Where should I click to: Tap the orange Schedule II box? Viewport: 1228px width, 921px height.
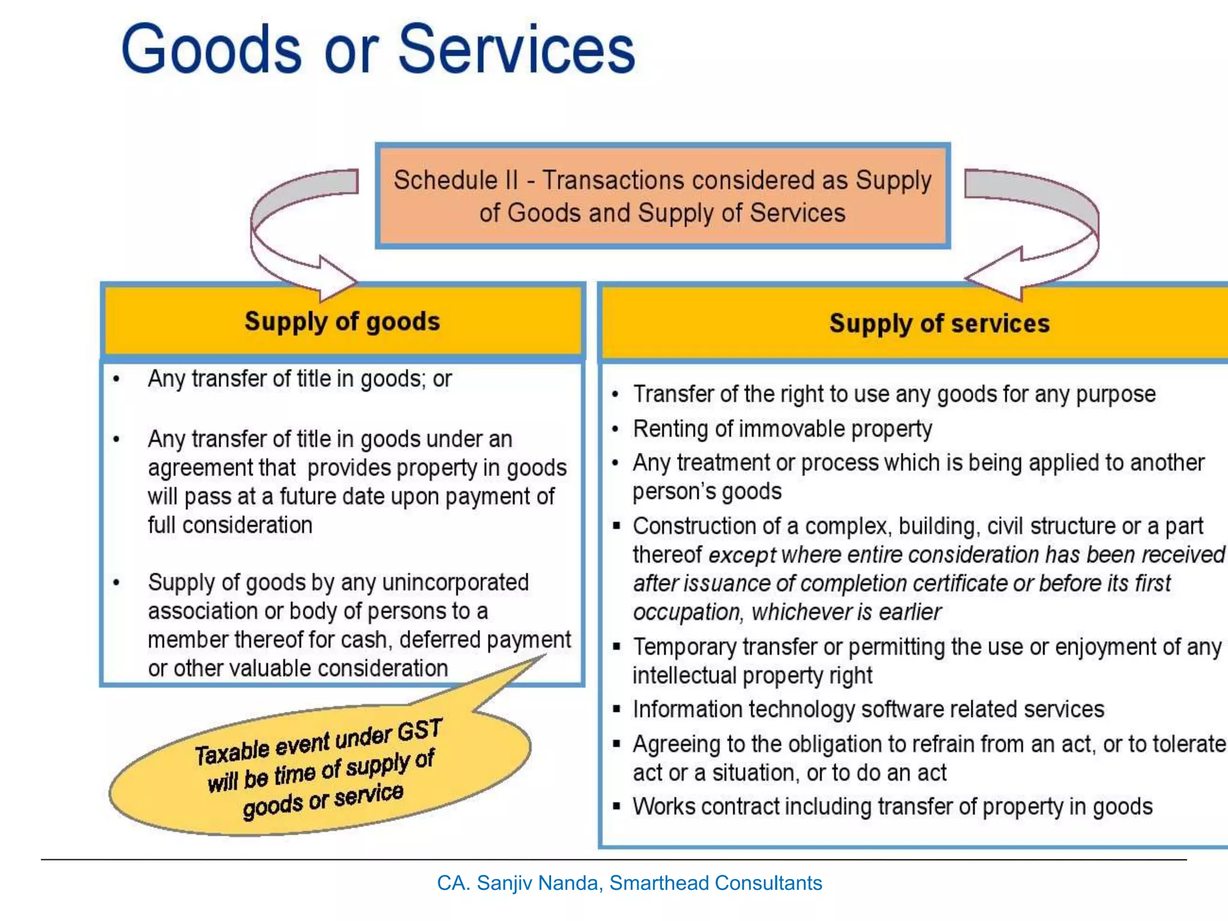[x=662, y=196]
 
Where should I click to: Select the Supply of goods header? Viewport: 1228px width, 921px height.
[x=342, y=321]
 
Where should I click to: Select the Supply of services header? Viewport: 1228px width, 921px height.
[x=939, y=324]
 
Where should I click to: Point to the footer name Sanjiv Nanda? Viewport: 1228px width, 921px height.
[x=540, y=883]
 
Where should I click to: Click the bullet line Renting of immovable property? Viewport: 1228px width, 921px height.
[x=782, y=429]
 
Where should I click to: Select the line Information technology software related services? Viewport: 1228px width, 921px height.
[x=868, y=709]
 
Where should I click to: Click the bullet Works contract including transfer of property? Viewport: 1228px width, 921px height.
[x=892, y=807]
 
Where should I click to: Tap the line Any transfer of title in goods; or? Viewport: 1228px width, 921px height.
[x=300, y=379]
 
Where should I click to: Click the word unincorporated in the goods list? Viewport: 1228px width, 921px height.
[x=455, y=582]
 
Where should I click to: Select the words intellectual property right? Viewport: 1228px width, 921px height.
[x=752, y=676]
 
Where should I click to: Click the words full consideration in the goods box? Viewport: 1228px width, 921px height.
[x=230, y=525]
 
